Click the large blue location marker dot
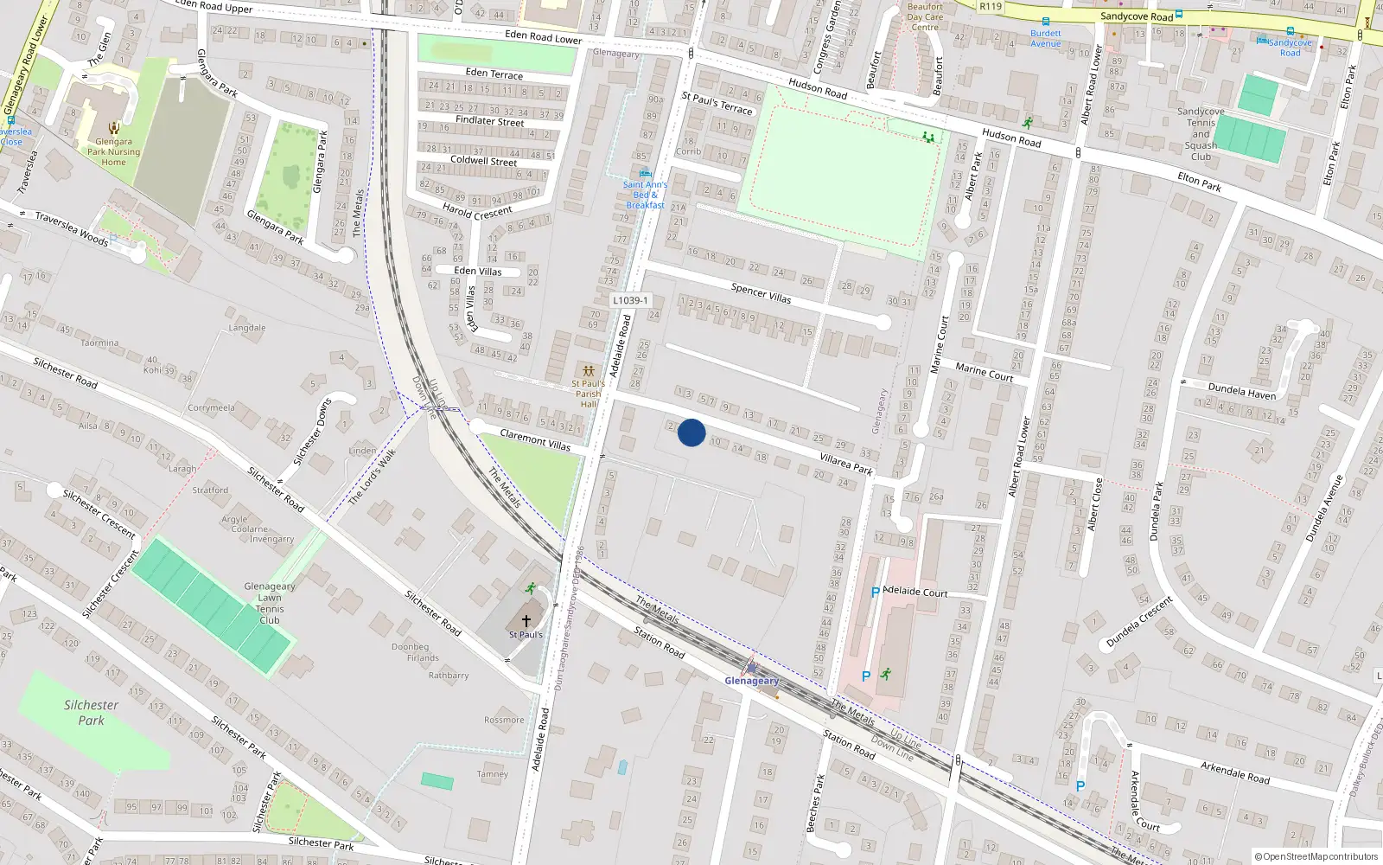(691, 432)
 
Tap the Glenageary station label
(751, 681)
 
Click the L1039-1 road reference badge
(630, 300)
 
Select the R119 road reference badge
(991, 6)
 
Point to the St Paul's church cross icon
(526, 621)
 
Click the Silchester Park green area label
(91, 712)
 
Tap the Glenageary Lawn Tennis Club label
(270, 603)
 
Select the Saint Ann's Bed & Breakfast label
(646, 195)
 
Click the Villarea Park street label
(846, 465)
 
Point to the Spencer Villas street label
(761, 293)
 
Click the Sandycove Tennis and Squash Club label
(1201, 134)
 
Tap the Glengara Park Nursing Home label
(113, 151)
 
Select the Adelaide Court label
(915, 592)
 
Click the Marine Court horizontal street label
(984, 372)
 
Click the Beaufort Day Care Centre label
(925, 16)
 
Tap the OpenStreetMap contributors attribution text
(1316, 857)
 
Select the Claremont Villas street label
(535, 440)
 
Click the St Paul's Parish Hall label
(588, 394)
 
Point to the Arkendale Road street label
(1234, 772)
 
